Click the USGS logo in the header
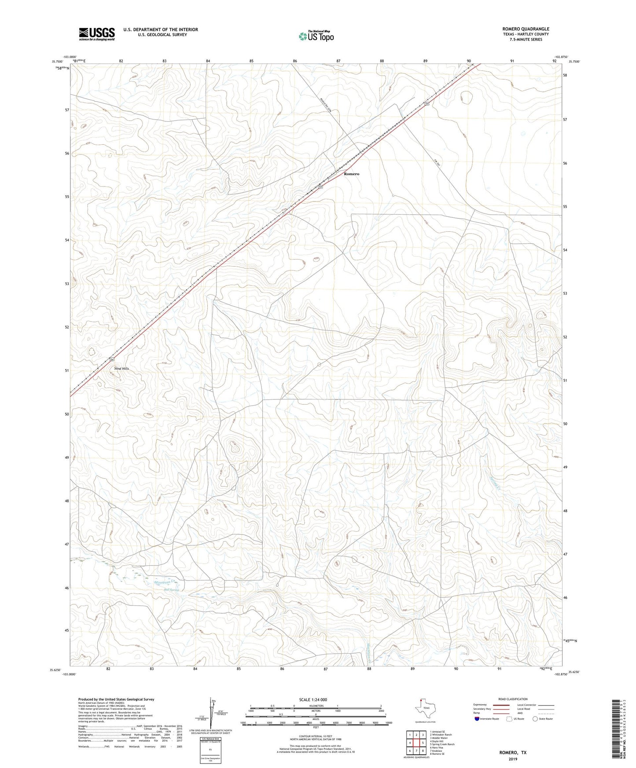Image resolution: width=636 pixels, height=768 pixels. pos(97,33)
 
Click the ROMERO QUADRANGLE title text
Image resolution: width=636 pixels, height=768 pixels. pos(526,29)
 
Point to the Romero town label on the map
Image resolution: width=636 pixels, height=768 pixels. pos(351,174)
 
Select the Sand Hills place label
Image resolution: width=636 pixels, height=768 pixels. pos(121,368)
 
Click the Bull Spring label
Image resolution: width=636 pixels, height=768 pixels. pos(171,590)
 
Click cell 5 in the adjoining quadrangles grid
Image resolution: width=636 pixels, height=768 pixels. pos(423,743)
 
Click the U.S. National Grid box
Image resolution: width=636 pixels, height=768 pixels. pos(210,748)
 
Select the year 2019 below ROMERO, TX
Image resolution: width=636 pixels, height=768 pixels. pos(512,759)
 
